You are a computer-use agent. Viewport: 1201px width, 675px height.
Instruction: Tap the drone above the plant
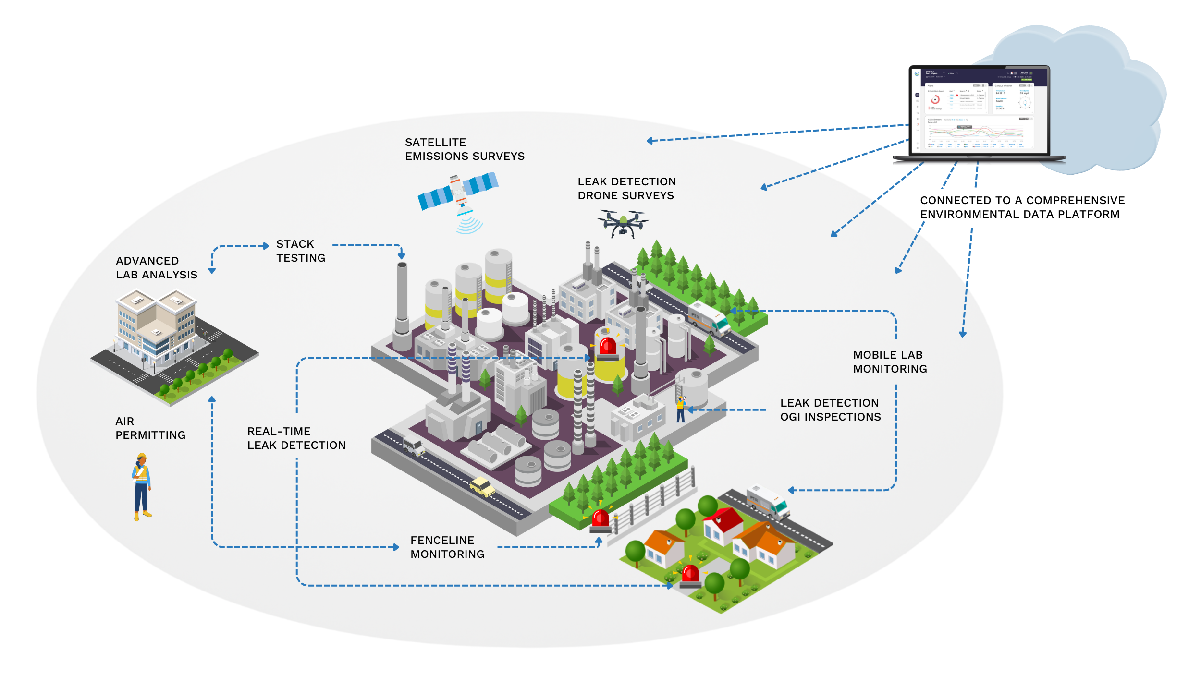[623, 223]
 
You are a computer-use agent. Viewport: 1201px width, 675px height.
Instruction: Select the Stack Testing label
[300, 251]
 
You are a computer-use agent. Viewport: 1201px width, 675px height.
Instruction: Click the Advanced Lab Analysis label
[156, 268]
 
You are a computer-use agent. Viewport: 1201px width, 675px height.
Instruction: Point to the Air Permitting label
[150, 428]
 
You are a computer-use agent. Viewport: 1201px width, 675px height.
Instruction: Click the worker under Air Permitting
[142, 487]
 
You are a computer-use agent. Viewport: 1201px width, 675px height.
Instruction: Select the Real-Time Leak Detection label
[296, 438]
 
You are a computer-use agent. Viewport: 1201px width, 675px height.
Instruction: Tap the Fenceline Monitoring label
[447, 547]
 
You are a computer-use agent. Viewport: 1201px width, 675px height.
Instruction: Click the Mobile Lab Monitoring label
[890, 362]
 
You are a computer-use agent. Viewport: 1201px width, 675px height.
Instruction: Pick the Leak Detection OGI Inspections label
[830, 410]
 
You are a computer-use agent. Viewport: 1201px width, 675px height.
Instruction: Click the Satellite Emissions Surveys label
[464, 149]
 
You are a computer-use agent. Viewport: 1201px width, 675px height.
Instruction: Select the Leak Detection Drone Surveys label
[626, 189]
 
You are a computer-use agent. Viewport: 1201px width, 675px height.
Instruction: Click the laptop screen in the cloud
[979, 110]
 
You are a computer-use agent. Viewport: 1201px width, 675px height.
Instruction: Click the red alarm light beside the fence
[600, 521]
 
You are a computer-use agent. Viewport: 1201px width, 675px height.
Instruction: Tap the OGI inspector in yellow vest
[680, 410]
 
